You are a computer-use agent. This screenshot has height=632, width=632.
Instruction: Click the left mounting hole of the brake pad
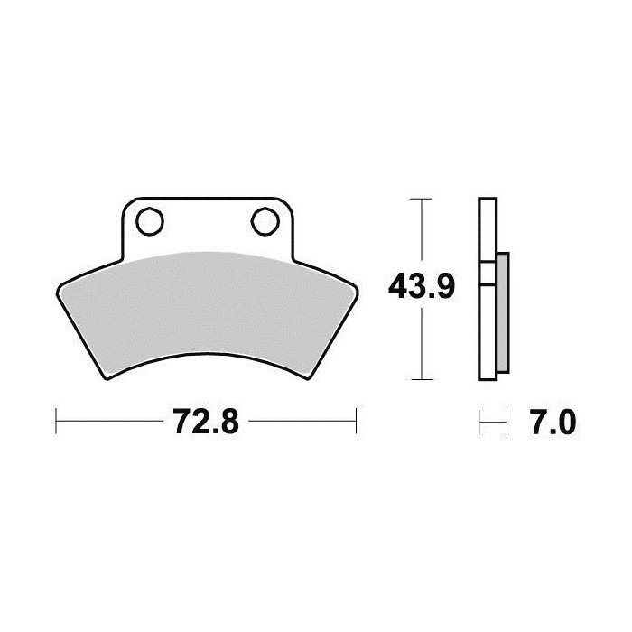click(150, 221)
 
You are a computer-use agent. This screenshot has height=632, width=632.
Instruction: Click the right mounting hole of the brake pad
click(265, 221)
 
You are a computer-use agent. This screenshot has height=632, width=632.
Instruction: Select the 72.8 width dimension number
click(206, 422)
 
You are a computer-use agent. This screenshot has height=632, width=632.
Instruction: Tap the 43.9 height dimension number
click(422, 286)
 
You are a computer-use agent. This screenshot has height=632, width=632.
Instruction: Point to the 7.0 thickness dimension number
click(553, 422)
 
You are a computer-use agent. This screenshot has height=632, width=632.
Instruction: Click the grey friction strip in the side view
click(503, 312)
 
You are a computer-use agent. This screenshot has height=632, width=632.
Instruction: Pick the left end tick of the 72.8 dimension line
click(56, 422)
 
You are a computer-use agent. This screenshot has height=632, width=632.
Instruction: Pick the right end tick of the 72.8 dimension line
click(357, 422)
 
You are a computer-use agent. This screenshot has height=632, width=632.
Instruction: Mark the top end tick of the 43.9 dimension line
click(422, 199)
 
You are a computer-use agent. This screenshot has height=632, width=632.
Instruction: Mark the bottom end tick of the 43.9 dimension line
click(422, 379)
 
